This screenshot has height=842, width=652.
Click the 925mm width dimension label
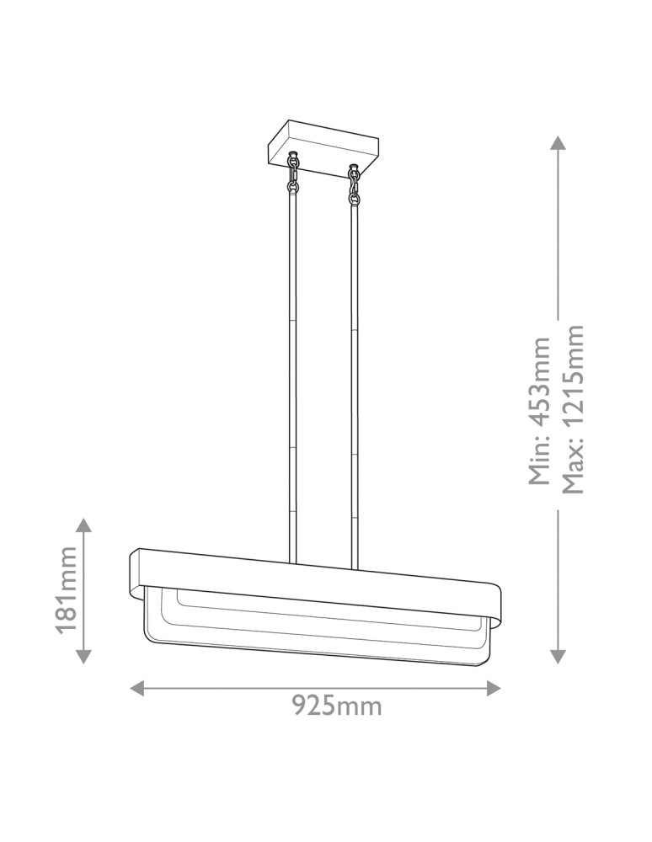(x=337, y=706)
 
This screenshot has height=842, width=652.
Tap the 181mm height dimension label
(x=67, y=590)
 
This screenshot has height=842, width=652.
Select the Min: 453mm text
(x=539, y=411)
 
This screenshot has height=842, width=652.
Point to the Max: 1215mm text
(x=572, y=408)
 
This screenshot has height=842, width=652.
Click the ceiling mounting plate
(x=323, y=149)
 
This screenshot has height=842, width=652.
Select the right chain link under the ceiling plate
(x=354, y=184)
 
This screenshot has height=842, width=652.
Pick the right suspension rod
(x=355, y=386)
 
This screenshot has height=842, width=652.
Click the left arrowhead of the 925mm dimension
(x=137, y=688)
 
